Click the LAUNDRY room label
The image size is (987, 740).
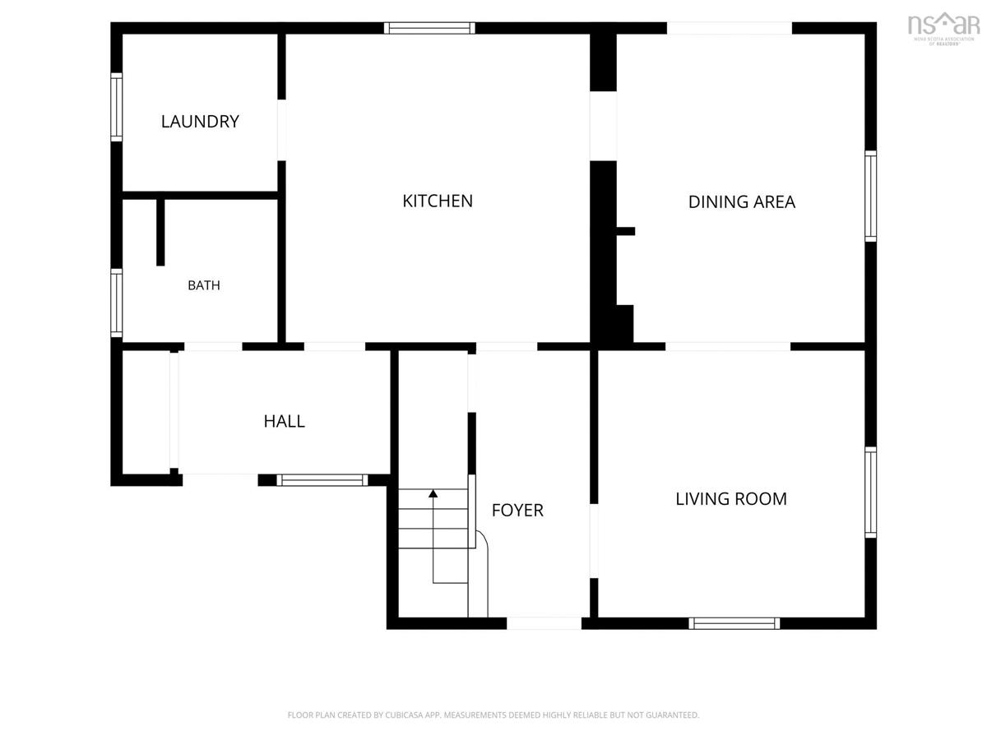pyautogui.click(x=200, y=122)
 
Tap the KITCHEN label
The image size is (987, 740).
pyautogui.click(x=438, y=201)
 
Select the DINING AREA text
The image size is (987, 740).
pyautogui.click(x=742, y=201)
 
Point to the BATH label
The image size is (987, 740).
pyautogui.click(x=204, y=285)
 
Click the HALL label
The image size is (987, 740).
pyautogui.click(x=285, y=422)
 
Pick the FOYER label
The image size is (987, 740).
pyautogui.click(x=517, y=511)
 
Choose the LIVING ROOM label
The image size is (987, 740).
pyautogui.click(x=731, y=499)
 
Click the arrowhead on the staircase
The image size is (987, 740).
pyautogui.click(x=433, y=493)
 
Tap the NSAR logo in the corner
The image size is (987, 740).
pyautogui.click(x=943, y=28)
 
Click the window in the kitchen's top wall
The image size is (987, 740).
pyautogui.click(x=429, y=28)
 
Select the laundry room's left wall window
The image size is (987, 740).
pyautogui.click(x=117, y=107)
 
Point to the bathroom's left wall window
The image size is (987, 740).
pyautogui.click(x=117, y=303)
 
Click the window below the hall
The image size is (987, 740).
pyautogui.click(x=322, y=480)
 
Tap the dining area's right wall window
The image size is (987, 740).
pyautogui.click(x=870, y=196)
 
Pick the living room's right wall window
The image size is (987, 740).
pyautogui.click(x=870, y=492)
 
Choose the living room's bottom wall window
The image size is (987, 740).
pyautogui.click(x=734, y=623)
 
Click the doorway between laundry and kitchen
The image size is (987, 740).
pyautogui.click(x=281, y=130)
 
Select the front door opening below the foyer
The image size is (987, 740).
pyautogui.click(x=544, y=623)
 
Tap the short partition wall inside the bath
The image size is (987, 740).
pyautogui.click(x=160, y=232)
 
